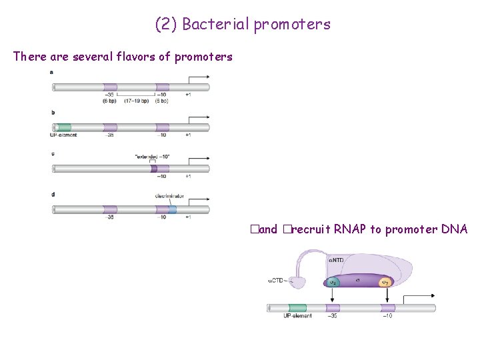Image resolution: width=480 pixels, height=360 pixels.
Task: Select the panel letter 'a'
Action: click(x=52, y=71)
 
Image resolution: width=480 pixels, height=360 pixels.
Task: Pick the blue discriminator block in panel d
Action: click(x=172, y=209)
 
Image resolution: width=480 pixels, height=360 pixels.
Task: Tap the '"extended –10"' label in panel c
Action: click(x=152, y=157)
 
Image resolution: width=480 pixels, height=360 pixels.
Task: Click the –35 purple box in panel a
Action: click(x=110, y=87)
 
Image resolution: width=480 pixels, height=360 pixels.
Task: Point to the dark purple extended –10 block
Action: click(x=153, y=169)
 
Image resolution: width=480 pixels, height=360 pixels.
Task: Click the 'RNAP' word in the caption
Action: click(x=351, y=229)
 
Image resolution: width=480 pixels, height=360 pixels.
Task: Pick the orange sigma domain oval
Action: click(x=385, y=283)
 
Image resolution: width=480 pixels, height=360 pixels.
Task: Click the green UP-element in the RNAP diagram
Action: click(x=297, y=308)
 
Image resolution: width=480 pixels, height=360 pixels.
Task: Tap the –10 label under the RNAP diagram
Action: click(x=387, y=317)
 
